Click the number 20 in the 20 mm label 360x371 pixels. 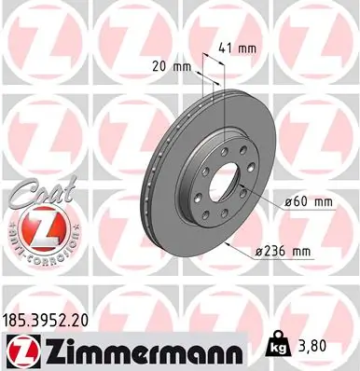pos(159,65)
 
